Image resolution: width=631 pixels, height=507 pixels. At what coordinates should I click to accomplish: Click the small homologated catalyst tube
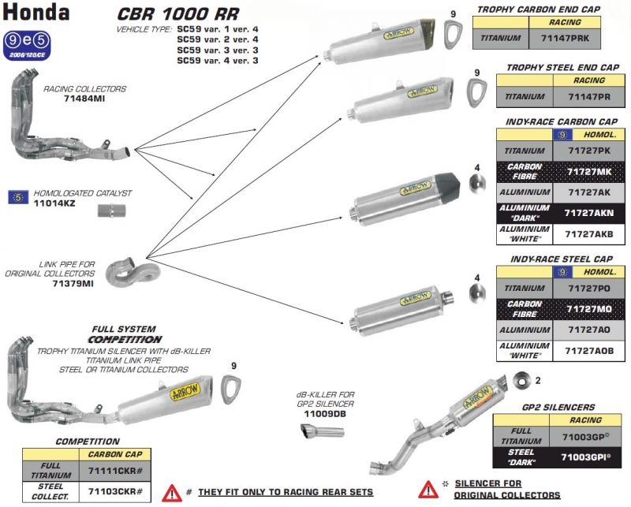112,210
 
